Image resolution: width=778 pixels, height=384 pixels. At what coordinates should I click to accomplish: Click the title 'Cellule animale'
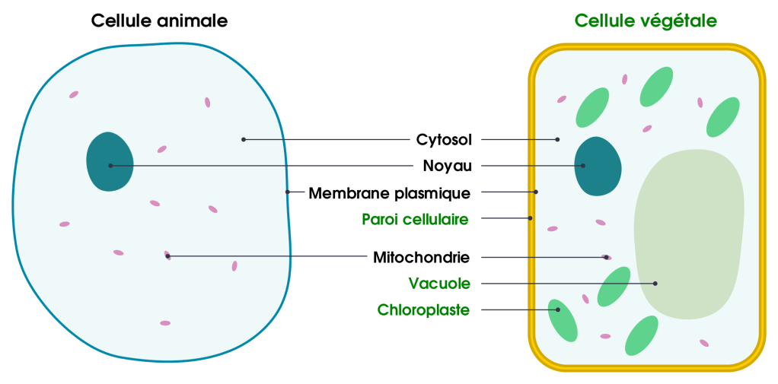tap(159, 21)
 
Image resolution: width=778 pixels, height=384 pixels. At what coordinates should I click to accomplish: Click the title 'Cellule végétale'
tap(646, 21)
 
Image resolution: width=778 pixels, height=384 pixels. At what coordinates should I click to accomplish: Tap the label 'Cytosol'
tap(445, 140)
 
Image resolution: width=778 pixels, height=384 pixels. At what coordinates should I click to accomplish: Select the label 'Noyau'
tap(448, 166)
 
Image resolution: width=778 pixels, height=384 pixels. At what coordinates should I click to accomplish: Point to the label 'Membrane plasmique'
tap(389, 193)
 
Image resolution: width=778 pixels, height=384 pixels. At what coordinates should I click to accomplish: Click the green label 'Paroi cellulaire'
tap(416, 219)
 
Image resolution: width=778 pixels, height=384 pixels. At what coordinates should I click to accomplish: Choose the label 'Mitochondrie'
tap(422, 257)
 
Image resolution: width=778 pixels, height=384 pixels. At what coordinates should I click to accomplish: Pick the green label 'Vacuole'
tap(439, 284)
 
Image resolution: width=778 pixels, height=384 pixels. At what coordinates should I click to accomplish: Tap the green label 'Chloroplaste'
tap(424, 310)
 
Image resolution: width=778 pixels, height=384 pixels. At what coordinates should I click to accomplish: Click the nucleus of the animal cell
tap(110, 162)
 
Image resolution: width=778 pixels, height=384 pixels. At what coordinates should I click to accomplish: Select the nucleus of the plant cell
tap(597, 167)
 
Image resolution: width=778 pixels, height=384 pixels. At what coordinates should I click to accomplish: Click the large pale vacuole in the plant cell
tap(689, 228)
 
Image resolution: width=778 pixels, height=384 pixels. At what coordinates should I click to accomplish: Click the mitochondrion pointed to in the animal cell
tap(167, 255)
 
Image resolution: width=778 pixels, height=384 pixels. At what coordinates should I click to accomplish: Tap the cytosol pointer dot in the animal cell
tap(243, 139)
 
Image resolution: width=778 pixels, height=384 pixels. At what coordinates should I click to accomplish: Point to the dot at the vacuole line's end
tap(655, 284)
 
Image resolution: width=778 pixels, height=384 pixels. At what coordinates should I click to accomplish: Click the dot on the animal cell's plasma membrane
tap(288, 192)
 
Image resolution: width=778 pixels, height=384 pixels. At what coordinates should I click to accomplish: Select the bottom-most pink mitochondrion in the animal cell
tap(165, 323)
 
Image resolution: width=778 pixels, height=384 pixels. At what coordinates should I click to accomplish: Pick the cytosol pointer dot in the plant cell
tap(557, 139)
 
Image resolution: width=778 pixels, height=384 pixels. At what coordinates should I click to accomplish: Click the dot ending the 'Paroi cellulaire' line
tap(531, 218)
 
